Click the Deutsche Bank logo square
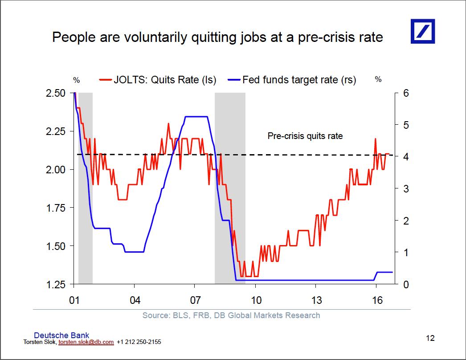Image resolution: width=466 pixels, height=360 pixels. tap(423, 31)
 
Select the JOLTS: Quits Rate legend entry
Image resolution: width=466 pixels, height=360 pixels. tap(158, 80)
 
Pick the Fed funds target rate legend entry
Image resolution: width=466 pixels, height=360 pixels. tap(292, 80)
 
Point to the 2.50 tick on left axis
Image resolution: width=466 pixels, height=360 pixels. tap(56, 93)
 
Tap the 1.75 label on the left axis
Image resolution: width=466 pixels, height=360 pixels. tap(56, 208)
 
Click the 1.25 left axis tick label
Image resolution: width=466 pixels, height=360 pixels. tap(56, 285)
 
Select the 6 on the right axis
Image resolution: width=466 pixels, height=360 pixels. tap(406, 93)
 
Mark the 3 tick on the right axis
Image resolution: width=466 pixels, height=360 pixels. tap(406, 189)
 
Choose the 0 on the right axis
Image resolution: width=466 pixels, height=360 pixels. tap(406, 285)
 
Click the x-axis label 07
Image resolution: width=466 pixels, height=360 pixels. tap(195, 300)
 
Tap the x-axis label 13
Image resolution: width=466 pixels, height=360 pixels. tap(316, 300)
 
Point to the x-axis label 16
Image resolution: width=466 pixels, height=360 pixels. tap(377, 300)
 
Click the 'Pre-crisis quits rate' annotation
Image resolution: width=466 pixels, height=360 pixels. tap(305, 136)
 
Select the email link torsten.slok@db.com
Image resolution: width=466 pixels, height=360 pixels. tap(86, 342)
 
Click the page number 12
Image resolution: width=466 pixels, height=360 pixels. tap(430, 338)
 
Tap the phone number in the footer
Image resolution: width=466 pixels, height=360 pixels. tap(139, 342)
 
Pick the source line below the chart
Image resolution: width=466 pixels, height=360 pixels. tap(231, 315)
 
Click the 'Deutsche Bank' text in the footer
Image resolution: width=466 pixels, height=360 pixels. tap(61, 335)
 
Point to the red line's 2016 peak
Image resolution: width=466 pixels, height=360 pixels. tap(376, 139)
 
